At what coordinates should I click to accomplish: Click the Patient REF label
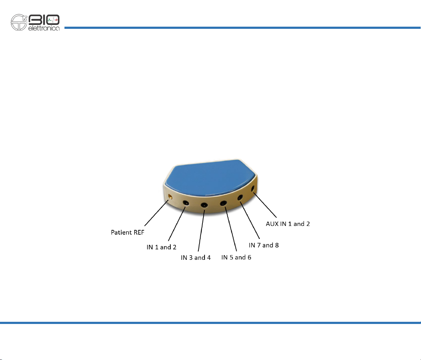pyautogui.click(x=127, y=232)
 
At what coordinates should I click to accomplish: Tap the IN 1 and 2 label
pyautogui.click(x=161, y=247)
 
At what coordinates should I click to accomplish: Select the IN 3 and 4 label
pyautogui.click(x=196, y=258)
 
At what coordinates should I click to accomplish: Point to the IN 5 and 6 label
pyautogui.click(x=236, y=257)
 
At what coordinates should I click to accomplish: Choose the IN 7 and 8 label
pyautogui.click(x=264, y=245)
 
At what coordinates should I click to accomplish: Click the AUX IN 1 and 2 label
pyautogui.click(x=288, y=224)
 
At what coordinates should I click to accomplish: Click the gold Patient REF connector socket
pyautogui.click(x=170, y=197)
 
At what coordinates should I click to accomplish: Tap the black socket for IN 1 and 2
pyautogui.click(x=186, y=203)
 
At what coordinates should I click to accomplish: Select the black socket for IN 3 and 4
pyautogui.click(x=204, y=205)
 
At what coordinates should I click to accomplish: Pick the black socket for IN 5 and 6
pyautogui.click(x=223, y=203)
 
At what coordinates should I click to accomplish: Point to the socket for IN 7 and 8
pyautogui.click(x=240, y=198)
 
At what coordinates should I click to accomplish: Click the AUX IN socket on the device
pyautogui.click(x=253, y=188)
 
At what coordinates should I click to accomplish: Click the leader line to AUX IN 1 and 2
pyautogui.click(x=265, y=205)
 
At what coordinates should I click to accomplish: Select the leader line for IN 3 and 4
pyautogui.click(x=201, y=231)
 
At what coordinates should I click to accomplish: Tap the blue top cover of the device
pyautogui.click(x=210, y=177)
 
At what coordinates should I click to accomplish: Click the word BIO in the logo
pyautogui.click(x=44, y=20)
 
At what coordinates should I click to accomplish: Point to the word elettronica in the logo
pyautogui.click(x=44, y=28)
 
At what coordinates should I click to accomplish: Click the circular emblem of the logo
pyautogui.click(x=19, y=22)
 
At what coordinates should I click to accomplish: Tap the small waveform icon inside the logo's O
pyautogui.click(x=53, y=20)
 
